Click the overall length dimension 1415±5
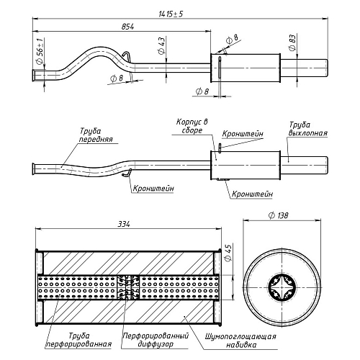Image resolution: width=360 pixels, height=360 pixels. pos(171,14)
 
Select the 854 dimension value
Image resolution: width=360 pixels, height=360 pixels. pos(127,27)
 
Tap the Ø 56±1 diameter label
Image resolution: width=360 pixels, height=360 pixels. pos(40,51)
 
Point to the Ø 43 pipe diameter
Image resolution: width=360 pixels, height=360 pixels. pos(162,45)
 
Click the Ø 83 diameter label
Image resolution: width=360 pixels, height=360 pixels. pos(292,42)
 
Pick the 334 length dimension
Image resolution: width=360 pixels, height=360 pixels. pos(124,224)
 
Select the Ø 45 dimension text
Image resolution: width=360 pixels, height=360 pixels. pos(228,253)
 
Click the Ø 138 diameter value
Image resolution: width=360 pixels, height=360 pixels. pos(278,215)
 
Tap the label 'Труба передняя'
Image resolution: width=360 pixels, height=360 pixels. pos(96,135)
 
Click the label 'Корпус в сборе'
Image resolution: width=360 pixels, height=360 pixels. pos(192,126)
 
